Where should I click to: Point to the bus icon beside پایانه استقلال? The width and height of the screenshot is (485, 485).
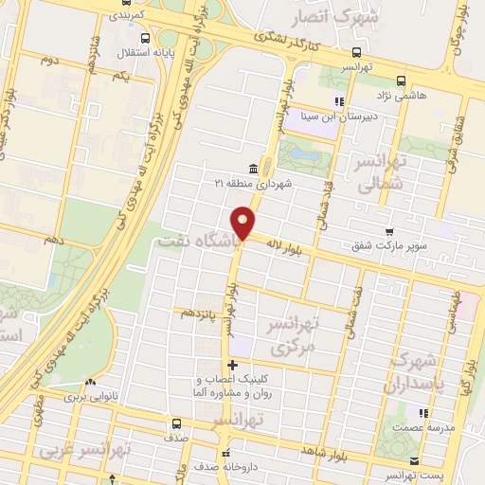point(144,39)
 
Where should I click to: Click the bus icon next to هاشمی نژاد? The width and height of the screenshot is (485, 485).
point(401,81)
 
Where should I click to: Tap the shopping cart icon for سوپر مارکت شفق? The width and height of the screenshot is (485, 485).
point(389,232)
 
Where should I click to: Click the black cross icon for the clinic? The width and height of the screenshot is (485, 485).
point(232,365)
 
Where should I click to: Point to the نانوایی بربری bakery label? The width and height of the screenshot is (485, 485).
point(95,398)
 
